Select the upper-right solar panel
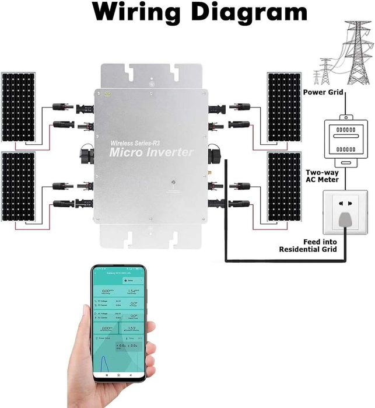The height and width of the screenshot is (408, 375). tap(284, 107)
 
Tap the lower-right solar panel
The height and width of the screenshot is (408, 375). tap(284, 187)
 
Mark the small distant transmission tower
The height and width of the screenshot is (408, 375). tap(323, 73)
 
